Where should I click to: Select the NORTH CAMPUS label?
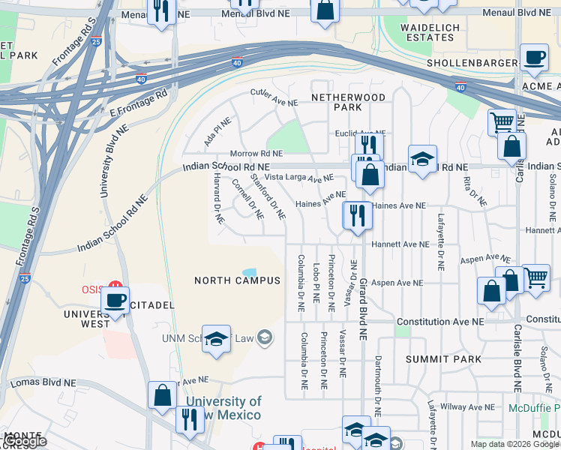(x=237, y=280)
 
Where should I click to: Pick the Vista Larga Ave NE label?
(x=298, y=178)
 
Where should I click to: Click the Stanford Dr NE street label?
(x=268, y=196)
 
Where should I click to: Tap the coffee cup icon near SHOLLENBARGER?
(x=533, y=58)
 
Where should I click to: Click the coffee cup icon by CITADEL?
(x=115, y=301)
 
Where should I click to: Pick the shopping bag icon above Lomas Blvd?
(x=162, y=394)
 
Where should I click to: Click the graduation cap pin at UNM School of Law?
(x=216, y=339)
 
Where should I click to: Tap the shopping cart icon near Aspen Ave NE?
(x=535, y=277)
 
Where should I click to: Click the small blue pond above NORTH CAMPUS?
(x=249, y=271)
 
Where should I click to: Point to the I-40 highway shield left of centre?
(x=237, y=63)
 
